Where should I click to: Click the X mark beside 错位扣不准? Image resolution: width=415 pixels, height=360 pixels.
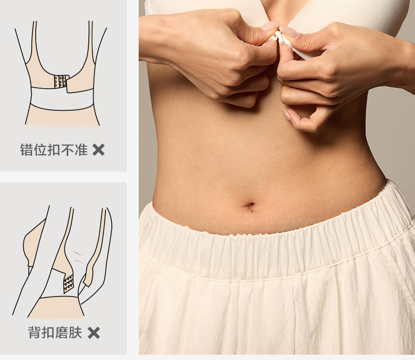point(98,150)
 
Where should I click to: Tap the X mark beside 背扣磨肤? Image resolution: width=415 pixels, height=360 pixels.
point(94,333)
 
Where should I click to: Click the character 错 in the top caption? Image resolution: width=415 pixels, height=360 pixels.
point(27,150)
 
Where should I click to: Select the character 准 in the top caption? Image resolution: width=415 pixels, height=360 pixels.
point(81,150)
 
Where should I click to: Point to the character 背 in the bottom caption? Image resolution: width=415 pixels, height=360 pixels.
point(35,333)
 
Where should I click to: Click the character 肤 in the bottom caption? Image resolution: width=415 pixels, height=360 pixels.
point(75,333)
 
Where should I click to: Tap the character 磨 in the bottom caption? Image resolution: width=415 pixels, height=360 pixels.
point(61,333)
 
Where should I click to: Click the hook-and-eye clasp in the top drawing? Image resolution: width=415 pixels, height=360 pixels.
point(61,82)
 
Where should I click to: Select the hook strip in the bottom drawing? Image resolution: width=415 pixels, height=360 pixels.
point(68,284)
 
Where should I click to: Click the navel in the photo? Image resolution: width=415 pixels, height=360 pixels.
point(250,206)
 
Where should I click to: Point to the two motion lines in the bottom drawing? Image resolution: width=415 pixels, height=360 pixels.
point(79,257)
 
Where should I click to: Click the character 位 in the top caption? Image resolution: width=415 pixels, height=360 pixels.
point(40,150)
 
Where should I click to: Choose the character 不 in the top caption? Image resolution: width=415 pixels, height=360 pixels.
point(67,150)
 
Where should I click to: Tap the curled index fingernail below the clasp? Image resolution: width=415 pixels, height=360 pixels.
point(287,114)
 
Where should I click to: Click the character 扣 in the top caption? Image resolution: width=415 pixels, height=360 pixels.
point(54,150)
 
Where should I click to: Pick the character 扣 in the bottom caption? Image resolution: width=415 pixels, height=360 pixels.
point(48,333)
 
